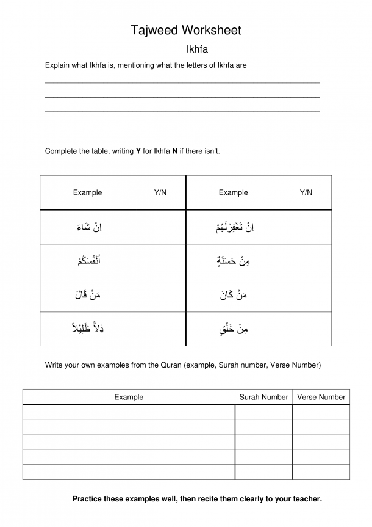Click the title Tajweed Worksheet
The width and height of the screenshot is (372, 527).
click(186, 30)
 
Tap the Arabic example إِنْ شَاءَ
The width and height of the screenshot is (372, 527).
click(88, 227)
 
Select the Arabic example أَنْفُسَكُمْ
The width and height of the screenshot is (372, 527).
click(88, 261)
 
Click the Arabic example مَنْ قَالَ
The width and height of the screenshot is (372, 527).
click(88, 296)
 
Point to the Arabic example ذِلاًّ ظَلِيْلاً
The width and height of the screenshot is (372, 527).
click(88, 329)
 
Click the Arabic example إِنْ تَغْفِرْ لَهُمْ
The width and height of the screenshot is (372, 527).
click(233, 227)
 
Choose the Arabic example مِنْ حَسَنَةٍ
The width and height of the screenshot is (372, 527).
click(233, 261)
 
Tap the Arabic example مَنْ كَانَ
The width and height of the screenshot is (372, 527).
click(233, 296)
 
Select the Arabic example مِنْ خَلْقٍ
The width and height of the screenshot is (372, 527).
click(233, 330)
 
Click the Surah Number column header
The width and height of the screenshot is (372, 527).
click(263, 397)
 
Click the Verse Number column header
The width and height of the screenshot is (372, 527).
click(321, 397)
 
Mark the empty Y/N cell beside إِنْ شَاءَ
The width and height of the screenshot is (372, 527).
click(160, 227)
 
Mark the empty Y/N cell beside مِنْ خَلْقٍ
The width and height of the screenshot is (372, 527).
click(306, 330)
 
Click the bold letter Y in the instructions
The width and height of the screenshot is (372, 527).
click(138, 151)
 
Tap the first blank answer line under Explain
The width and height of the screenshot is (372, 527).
click(182, 81)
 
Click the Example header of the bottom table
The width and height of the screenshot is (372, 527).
click(129, 397)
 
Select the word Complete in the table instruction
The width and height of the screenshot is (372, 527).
click(60, 151)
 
